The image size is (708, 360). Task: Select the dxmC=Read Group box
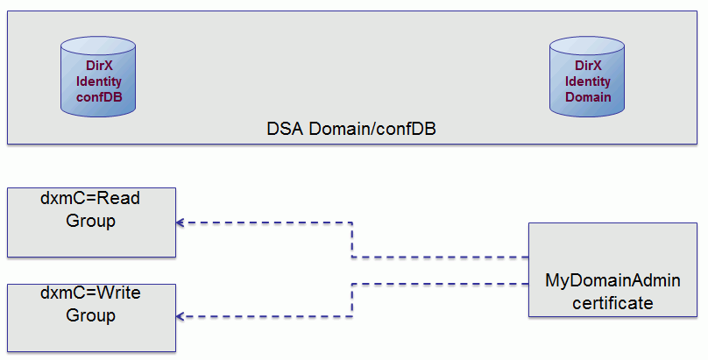91,222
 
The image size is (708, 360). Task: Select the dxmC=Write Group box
91,316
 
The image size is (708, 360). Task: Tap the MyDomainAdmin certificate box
612,269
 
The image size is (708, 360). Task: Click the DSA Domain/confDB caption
351,129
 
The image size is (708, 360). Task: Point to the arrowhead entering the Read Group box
181,222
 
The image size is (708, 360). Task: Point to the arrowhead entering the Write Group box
181,316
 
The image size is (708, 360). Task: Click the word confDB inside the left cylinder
99,96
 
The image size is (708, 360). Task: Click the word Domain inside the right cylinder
588,96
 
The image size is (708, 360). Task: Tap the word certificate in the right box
612,303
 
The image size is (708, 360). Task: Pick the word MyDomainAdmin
612,281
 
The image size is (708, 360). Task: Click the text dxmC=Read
90,199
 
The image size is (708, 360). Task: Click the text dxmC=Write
90,293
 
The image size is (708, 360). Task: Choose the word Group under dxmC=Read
91,222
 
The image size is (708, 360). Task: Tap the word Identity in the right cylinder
588,81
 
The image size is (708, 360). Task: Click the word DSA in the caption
285,129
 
